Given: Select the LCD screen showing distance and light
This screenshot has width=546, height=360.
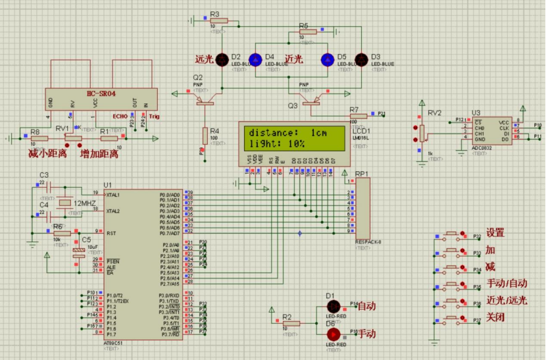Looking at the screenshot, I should tap(291, 138).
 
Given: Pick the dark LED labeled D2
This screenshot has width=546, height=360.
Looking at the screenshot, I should tap(221, 60).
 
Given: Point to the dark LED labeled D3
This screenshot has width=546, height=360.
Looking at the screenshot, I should tap(360, 60).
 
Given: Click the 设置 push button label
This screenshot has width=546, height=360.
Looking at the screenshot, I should tap(495, 233).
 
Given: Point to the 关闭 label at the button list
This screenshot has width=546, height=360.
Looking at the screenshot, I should tap(495, 318).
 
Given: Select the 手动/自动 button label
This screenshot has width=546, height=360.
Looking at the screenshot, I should tap(507, 284).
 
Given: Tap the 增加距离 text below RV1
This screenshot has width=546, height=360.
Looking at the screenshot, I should tap(99, 154).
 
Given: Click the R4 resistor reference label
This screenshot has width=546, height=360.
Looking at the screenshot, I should tap(214, 131).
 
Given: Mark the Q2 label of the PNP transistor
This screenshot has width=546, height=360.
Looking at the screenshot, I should tap(198, 78).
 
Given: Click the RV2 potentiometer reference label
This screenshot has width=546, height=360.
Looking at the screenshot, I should tap(435, 113).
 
